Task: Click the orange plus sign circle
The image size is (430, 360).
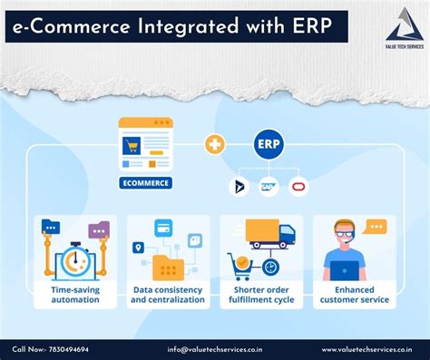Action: [214, 144]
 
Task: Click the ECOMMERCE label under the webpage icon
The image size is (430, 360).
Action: [145, 183]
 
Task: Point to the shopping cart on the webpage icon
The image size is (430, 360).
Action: [133, 145]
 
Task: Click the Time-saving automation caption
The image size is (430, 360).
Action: [75, 294]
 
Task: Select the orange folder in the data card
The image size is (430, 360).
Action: [168, 266]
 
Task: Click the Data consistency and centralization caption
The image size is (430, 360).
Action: [168, 294]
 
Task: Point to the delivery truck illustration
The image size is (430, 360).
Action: [269, 234]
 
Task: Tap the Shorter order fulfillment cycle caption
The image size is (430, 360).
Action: [260, 294]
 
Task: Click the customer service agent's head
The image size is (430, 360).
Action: [344, 234]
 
